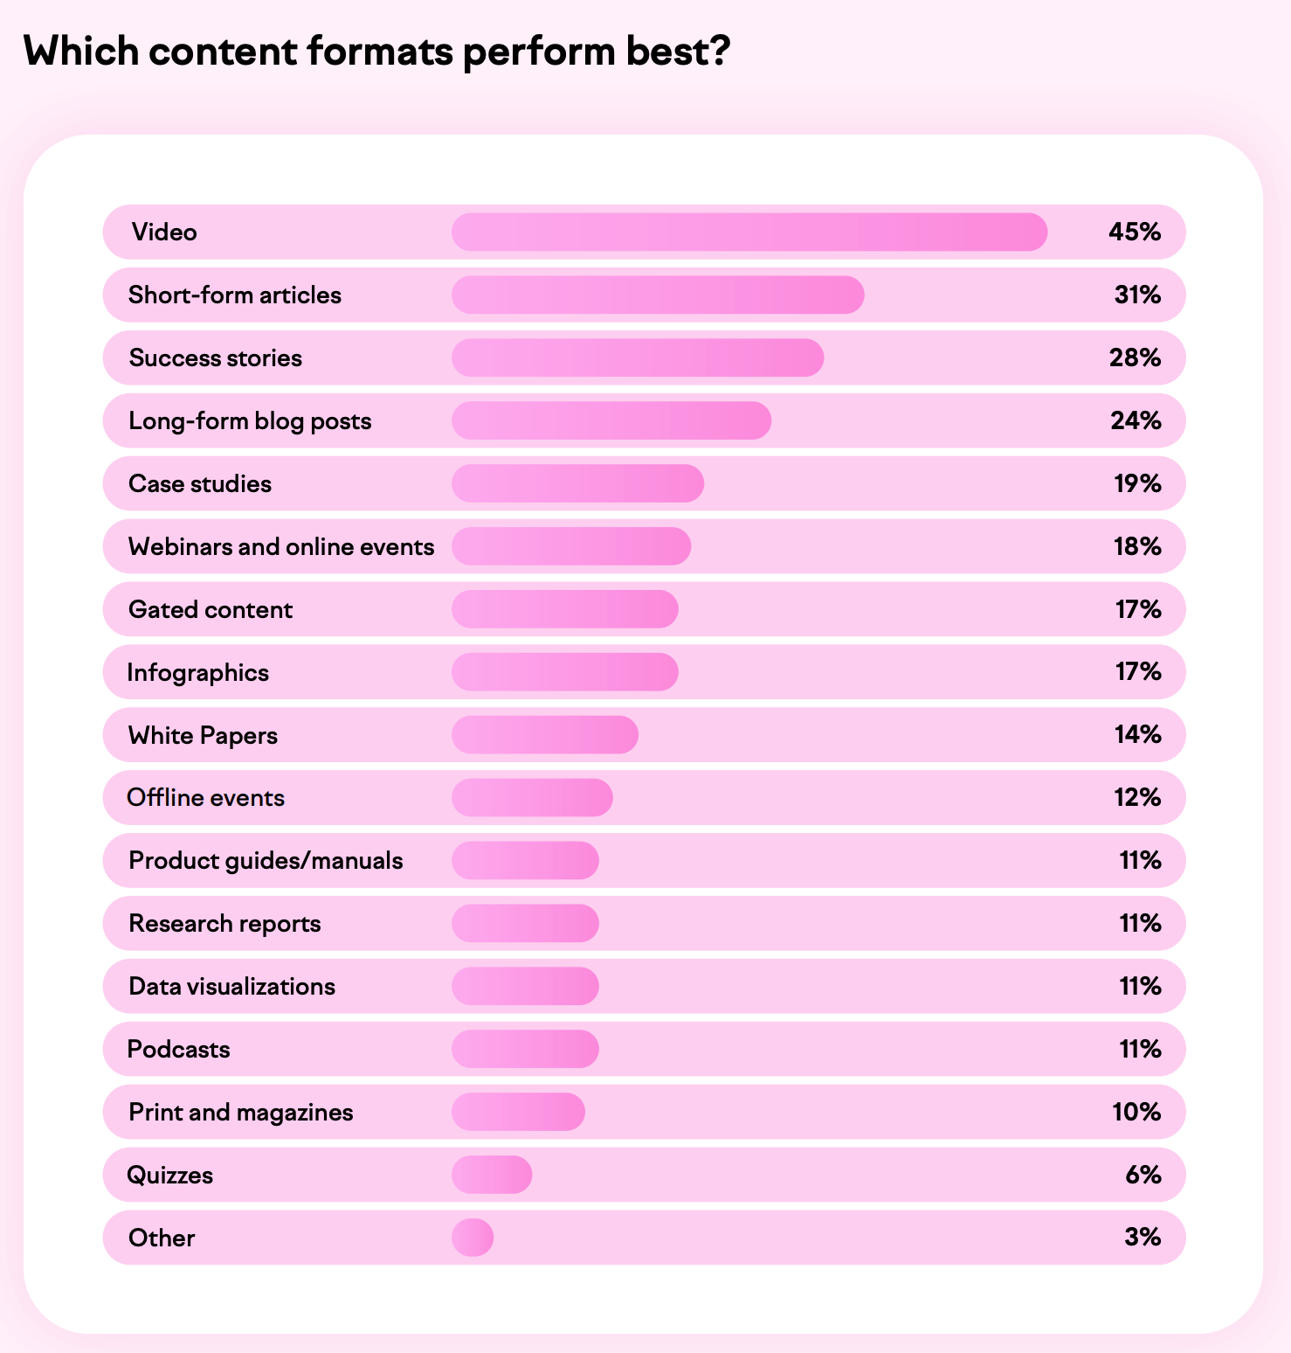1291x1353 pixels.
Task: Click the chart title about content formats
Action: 376,52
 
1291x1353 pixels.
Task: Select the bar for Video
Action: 749,232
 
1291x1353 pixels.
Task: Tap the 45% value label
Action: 1135,232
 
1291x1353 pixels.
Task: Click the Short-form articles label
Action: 234,295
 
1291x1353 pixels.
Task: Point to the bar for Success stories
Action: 637,358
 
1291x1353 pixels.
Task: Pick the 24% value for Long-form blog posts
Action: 1136,420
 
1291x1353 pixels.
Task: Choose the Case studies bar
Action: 577,483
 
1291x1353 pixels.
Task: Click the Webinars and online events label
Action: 281,547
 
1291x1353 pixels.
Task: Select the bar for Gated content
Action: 564,609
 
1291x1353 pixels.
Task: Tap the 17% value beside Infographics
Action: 1138,671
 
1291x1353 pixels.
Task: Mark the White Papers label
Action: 203,735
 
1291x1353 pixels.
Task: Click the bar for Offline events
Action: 532,798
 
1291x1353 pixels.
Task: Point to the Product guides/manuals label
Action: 266,861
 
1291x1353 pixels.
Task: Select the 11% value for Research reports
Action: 1140,923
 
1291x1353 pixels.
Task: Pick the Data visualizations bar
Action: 525,986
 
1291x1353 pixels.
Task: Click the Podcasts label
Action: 178,1049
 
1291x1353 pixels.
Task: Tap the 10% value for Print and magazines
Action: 1136,1112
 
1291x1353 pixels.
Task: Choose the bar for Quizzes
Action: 492,1175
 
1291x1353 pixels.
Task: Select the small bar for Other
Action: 473,1238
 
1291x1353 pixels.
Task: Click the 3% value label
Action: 1143,1237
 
